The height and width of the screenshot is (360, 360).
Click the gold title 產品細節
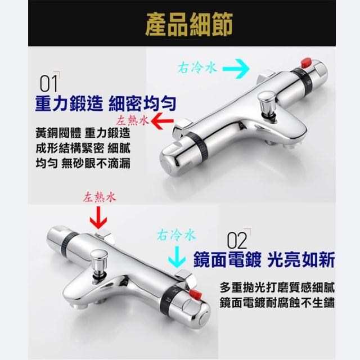tap(189, 24)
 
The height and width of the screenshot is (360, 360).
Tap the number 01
tap(48, 84)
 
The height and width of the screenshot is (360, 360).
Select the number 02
tap(237, 240)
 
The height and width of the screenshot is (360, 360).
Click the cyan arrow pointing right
tap(236, 69)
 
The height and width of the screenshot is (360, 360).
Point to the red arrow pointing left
tap(162, 121)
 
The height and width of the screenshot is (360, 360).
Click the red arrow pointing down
tap(98, 217)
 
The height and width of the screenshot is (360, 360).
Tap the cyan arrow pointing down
tap(177, 256)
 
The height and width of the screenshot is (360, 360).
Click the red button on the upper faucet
tap(306, 62)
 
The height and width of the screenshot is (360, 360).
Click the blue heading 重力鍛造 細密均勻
tap(106, 103)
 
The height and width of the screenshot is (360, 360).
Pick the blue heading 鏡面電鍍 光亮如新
tap(264, 260)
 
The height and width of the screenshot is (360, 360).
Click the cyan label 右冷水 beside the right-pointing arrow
tap(197, 67)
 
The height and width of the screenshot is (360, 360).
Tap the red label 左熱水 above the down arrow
tap(100, 197)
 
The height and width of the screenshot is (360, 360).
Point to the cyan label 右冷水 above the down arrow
tap(176, 235)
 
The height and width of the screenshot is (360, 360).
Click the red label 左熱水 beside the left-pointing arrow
tap(133, 120)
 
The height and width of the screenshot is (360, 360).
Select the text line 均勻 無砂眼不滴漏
tap(83, 164)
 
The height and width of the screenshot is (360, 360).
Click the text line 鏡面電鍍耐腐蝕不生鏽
tap(277, 303)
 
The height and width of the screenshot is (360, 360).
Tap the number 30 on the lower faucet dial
tap(169, 300)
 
